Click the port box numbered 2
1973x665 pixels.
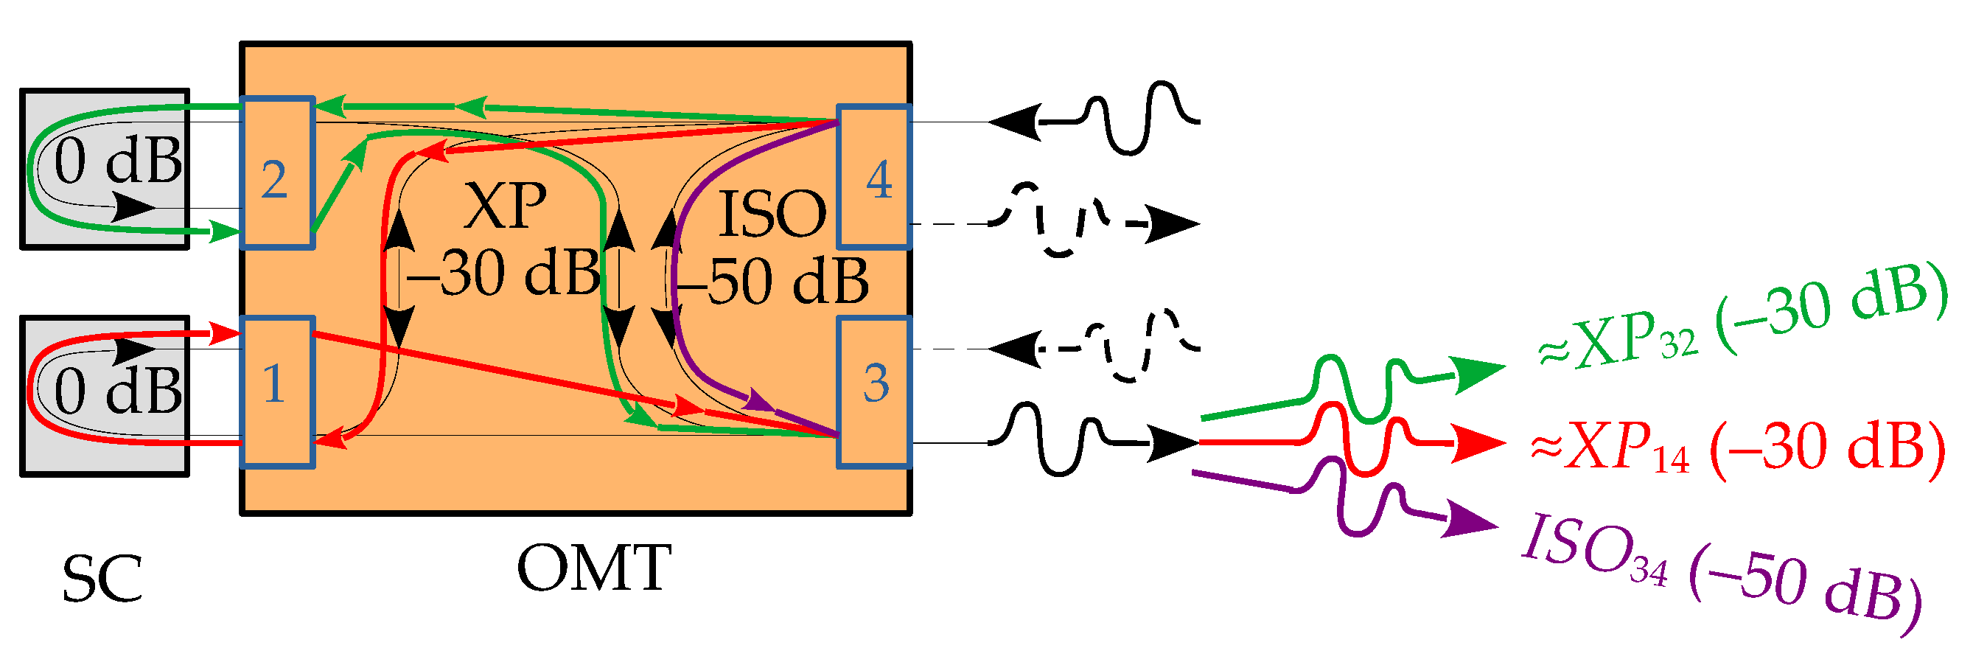coord(278,173)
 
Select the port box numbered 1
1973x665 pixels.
coord(278,391)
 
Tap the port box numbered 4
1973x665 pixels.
coord(874,177)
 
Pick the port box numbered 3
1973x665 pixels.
coord(874,391)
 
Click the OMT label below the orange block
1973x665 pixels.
coord(593,568)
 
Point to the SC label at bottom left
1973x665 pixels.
coord(102,579)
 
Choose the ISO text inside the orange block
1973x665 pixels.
coord(772,215)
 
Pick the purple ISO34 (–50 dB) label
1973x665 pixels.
coord(1720,571)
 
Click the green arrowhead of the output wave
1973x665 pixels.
coord(1478,373)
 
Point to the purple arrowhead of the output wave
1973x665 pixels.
coord(1470,521)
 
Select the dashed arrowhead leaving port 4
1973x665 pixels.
coord(1172,223)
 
